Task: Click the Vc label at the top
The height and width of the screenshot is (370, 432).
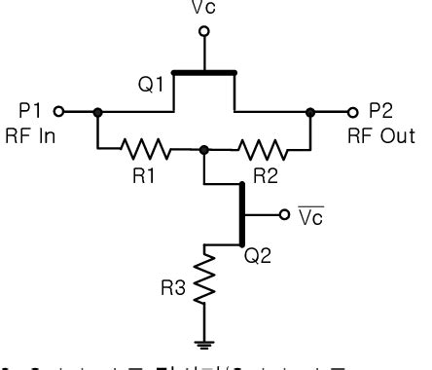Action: (203, 9)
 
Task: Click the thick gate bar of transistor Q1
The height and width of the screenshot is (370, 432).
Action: (203, 71)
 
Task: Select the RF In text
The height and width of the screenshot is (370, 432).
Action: (30, 135)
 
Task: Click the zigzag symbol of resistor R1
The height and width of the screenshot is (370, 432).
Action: (145, 149)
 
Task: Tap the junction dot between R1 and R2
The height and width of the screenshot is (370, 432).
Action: (203, 149)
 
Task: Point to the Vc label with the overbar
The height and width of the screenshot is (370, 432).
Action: (308, 215)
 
